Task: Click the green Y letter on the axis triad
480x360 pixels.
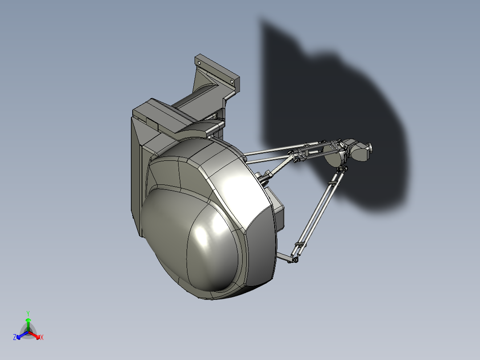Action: (28, 313)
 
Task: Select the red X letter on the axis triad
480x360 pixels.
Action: (42, 338)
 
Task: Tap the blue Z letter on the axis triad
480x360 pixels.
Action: (15, 338)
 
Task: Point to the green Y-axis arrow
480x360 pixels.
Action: (28, 322)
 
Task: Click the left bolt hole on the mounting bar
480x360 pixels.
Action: (200, 63)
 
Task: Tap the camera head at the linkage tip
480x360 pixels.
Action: (358, 150)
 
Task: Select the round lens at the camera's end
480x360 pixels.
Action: (369, 147)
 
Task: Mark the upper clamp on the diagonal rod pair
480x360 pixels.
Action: (333, 183)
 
